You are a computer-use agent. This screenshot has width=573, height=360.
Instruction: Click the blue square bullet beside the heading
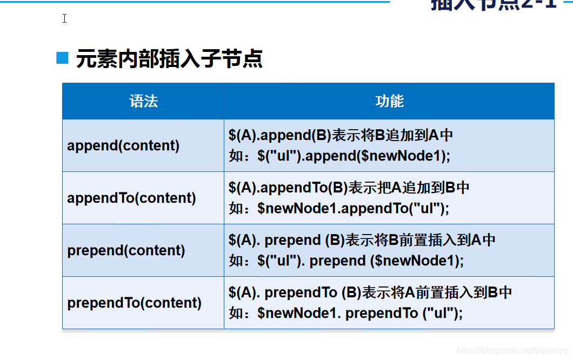click(63, 58)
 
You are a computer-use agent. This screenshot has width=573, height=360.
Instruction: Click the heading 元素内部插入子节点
click(169, 59)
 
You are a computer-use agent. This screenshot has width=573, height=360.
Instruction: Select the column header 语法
click(143, 101)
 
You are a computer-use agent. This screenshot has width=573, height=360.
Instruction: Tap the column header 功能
click(389, 101)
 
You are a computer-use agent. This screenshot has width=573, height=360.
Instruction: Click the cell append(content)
click(123, 145)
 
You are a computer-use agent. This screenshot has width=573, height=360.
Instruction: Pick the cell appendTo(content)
click(131, 198)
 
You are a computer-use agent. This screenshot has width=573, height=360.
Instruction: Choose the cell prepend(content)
click(126, 250)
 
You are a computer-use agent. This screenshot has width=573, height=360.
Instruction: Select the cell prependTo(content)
click(134, 303)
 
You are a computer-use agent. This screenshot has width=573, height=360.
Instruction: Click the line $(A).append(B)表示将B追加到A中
click(341, 135)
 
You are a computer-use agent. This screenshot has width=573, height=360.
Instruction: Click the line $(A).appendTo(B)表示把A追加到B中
click(349, 188)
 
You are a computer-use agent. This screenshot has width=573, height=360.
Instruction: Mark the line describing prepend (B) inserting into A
click(362, 240)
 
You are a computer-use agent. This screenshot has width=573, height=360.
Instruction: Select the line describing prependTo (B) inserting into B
click(370, 292)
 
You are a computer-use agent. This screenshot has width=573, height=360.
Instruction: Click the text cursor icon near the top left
click(64, 18)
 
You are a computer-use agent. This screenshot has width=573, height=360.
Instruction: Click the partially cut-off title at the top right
click(493, 4)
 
